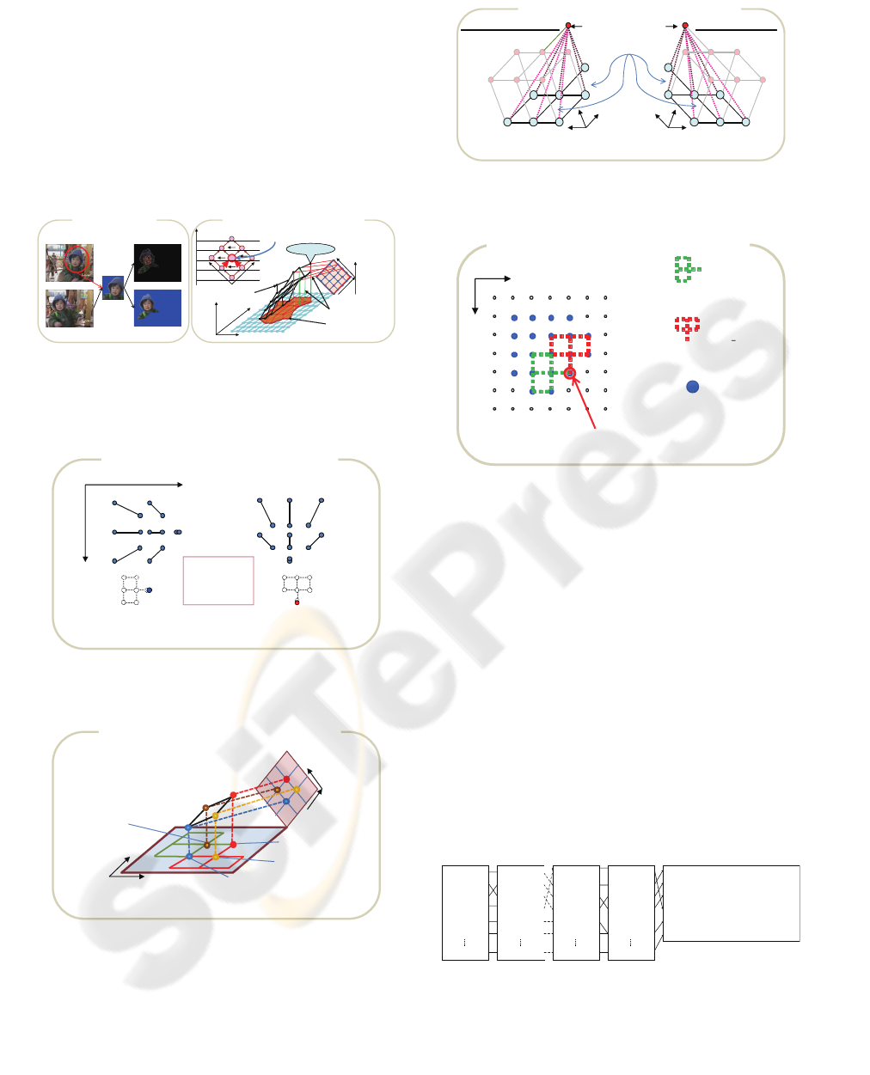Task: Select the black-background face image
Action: [157, 262]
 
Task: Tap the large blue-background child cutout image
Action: [157, 308]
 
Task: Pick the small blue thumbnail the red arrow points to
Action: [113, 288]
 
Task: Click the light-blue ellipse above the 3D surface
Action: [310, 249]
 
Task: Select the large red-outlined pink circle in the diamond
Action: [231, 258]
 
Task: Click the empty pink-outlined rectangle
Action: [218, 580]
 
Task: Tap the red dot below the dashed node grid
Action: [297, 602]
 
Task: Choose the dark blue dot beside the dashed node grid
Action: [149, 590]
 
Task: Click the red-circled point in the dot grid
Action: [570, 373]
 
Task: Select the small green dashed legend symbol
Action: [687, 269]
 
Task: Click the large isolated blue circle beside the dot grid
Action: [692, 387]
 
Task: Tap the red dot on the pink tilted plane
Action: [287, 779]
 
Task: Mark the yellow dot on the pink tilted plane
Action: [297, 790]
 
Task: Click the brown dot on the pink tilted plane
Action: [277, 790]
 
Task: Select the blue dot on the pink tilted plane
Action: [286, 801]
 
